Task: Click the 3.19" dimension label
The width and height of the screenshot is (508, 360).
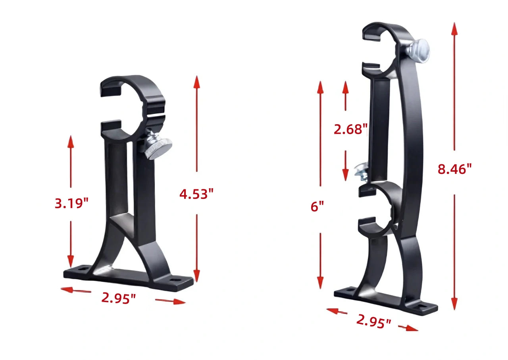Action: point(71,203)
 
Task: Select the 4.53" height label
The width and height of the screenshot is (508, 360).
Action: point(196,194)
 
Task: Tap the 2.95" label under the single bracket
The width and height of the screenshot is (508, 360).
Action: point(119,298)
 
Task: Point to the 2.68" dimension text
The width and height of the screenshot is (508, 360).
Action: point(351,129)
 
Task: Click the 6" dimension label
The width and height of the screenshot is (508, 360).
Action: point(317,206)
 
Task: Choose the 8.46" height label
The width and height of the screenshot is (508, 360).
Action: point(454,169)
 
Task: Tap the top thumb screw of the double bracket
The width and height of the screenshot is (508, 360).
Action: point(418,50)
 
